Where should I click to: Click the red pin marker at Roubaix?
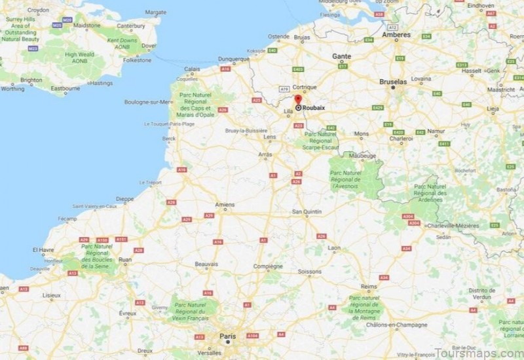tap(298, 99)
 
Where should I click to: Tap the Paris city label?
tap(227, 336)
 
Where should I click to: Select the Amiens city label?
tap(225, 205)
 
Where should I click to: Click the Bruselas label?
tap(393, 82)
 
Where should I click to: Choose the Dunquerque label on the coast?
tap(234, 58)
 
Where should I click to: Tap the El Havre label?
tap(43, 250)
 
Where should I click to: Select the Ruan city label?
tap(125, 260)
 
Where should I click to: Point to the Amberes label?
tap(397, 35)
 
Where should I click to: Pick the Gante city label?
tap(341, 56)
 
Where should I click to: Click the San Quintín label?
tap(306, 211)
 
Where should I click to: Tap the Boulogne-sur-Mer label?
tap(148, 102)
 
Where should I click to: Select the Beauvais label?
tap(206, 264)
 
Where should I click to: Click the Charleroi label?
tap(401, 139)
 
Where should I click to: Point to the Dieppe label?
tap(124, 198)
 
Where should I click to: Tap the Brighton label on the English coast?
tap(31, 80)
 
